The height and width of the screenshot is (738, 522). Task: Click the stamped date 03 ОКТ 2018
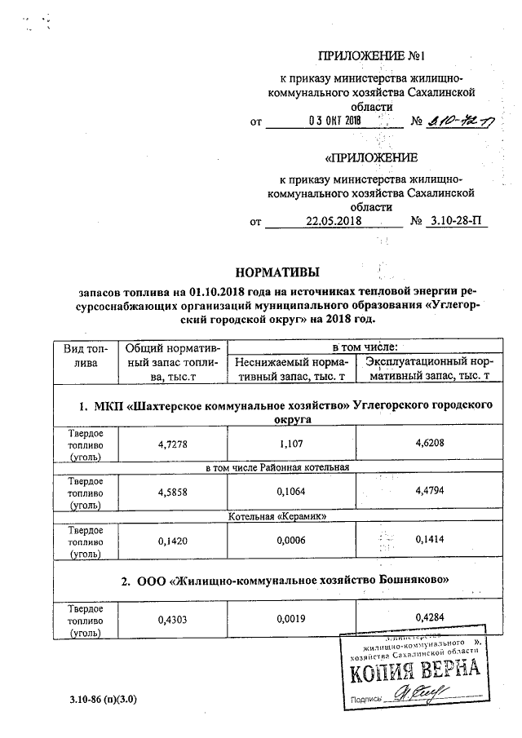pos(334,121)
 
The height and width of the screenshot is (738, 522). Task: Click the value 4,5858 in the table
pos(171,492)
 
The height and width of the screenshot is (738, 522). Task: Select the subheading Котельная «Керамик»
pos(277,516)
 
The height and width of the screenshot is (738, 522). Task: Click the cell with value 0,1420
pos(171,539)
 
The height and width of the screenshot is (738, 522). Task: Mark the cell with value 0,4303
pos(171,619)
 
